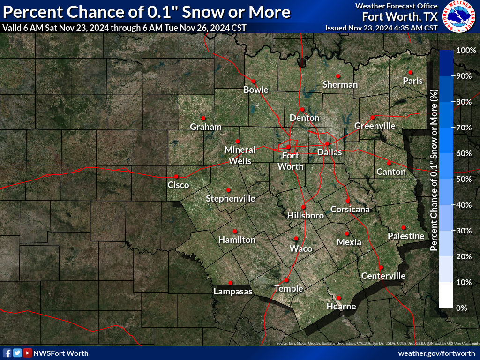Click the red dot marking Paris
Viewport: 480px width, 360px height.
pyautogui.click(x=410, y=72)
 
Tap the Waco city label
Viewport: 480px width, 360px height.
pyautogui.click(x=300, y=248)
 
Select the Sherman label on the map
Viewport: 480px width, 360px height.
pyautogui.click(x=340, y=85)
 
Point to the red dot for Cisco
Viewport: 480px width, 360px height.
pyautogui.click(x=176, y=177)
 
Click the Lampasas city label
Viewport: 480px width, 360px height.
pyautogui.click(x=233, y=292)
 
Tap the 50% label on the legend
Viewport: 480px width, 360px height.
pyautogui.click(x=463, y=179)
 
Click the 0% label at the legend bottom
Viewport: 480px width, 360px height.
pyautogui.click(x=461, y=308)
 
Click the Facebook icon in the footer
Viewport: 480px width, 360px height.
pyautogui.click(x=7, y=353)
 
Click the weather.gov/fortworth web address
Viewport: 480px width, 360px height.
pyautogui.click(x=436, y=353)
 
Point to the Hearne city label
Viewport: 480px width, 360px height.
pyautogui.click(x=341, y=307)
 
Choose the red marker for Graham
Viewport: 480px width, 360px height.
pyautogui.click(x=203, y=118)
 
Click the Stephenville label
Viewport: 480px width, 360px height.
pyautogui.click(x=231, y=199)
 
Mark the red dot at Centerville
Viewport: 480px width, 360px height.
pyautogui.click(x=381, y=267)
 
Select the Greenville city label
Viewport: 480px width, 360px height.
pyautogui.click(x=375, y=126)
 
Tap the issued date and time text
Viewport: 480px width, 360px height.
pyautogui.click(x=381, y=28)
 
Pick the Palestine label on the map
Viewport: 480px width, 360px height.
pyautogui.click(x=406, y=236)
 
